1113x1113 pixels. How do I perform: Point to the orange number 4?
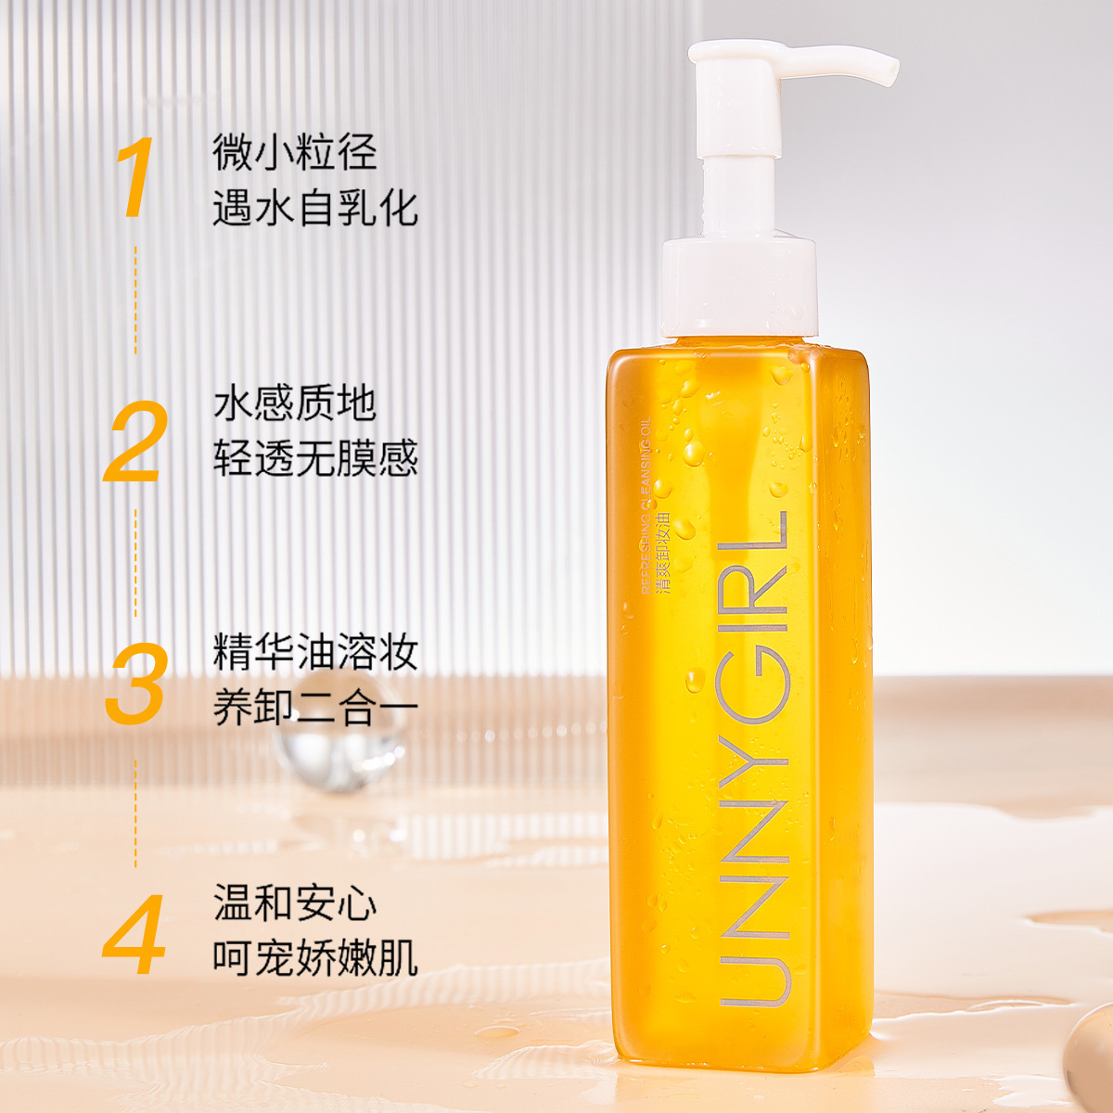[x=135, y=934]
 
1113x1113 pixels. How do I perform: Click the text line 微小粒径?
[x=295, y=152]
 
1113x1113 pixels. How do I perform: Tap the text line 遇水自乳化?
[x=315, y=208]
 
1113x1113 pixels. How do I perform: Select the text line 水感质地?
[x=295, y=403]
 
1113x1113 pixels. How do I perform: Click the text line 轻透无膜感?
[x=315, y=458]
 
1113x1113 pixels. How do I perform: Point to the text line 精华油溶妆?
[x=315, y=653]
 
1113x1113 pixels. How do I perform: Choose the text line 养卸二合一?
[x=315, y=709]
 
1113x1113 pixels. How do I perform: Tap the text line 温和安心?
[x=295, y=903]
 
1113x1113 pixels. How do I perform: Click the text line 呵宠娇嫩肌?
[x=315, y=958]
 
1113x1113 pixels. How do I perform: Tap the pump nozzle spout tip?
[x=889, y=70]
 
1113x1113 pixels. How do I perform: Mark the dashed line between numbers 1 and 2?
[x=135, y=299]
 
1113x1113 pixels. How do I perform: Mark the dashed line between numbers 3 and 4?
[x=135, y=812]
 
